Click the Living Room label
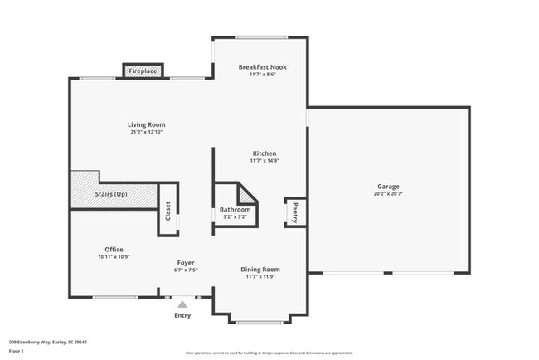[147, 124]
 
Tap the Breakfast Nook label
[261, 66]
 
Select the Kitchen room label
[264, 153]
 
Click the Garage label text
[388, 187]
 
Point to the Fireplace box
[143, 71]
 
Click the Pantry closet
[294, 212]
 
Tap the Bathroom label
[235, 210]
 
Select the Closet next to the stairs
[168, 211]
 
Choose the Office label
[114, 249]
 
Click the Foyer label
[186, 262]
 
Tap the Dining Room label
[260, 269]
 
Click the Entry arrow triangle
[182, 304]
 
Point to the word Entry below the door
[182, 315]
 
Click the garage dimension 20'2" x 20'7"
[388, 194]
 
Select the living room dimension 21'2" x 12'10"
[147, 132]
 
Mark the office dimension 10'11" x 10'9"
[114, 256]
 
